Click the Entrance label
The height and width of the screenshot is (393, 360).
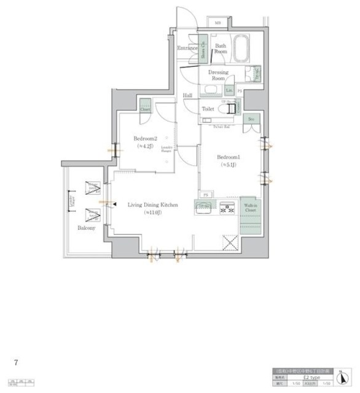pyautogui.click(x=187, y=48)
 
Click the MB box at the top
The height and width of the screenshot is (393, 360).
pyautogui.click(x=219, y=24)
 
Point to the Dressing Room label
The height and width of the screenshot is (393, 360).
pyautogui.click(x=218, y=75)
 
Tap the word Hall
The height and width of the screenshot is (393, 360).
pyautogui.click(x=187, y=95)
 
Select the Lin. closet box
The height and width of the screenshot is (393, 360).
pyautogui.click(x=229, y=91)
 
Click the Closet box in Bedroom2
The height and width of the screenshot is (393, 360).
pyautogui.click(x=144, y=106)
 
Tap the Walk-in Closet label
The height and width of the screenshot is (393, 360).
pyautogui.click(x=249, y=208)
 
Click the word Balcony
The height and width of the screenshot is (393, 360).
pyautogui.click(x=86, y=228)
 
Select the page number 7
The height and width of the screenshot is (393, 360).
pyautogui.click(x=16, y=362)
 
